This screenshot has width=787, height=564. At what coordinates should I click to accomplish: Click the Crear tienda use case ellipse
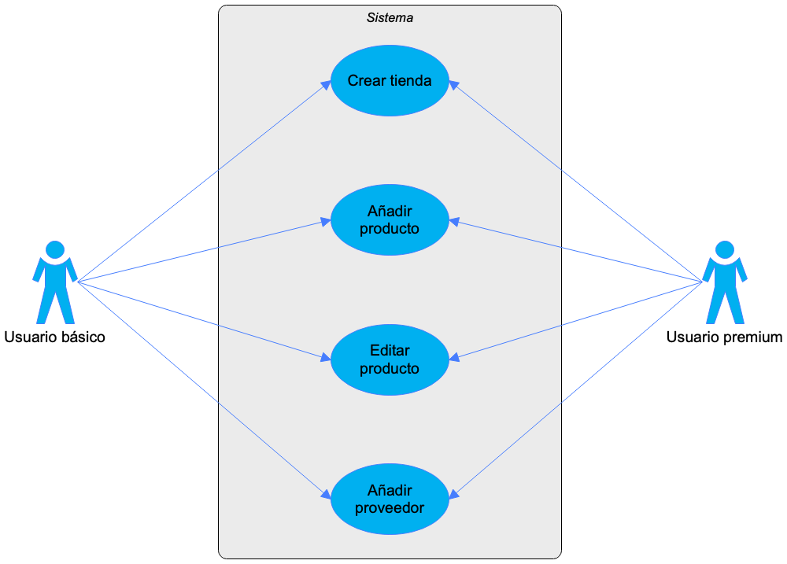tap(390, 80)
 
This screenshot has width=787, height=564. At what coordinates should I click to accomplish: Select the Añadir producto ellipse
tap(390, 219)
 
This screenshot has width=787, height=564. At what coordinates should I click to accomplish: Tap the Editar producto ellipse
tap(390, 359)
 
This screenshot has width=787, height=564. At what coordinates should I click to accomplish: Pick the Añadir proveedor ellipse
tap(390, 499)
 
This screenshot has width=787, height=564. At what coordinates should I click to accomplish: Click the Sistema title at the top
tap(390, 17)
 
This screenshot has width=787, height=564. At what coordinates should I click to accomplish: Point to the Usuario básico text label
tap(55, 337)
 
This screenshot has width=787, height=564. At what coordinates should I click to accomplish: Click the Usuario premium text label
tap(724, 337)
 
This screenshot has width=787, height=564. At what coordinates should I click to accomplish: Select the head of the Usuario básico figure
tap(55, 250)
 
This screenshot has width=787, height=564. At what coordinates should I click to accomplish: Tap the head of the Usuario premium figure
tap(725, 250)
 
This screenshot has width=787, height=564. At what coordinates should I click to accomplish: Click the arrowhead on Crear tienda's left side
tap(326, 85)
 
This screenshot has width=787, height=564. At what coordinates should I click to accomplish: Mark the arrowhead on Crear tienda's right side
tap(454, 85)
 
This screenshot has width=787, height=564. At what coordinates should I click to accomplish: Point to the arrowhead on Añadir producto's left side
tap(326, 221)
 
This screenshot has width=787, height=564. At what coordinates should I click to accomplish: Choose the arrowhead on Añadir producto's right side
tap(454, 221)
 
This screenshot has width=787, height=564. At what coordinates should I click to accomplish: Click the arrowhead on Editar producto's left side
tap(326, 357)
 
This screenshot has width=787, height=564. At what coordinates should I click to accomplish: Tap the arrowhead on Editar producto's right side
tap(454, 357)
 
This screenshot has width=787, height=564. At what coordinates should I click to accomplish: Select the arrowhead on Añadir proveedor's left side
tap(326, 494)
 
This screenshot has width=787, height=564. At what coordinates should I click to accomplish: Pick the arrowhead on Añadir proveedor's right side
tap(454, 494)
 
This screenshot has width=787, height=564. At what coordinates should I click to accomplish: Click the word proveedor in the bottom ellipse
tap(390, 508)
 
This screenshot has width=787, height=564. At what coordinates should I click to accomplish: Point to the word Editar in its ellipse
tap(390, 350)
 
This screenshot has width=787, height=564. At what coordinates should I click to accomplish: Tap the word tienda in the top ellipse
tap(411, 80)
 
